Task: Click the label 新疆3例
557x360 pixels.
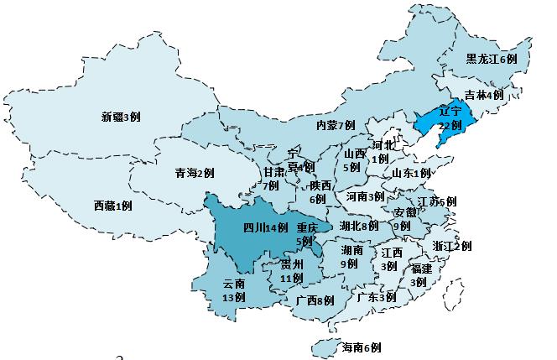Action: coord(121,117)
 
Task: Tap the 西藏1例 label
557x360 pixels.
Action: coord(113,206)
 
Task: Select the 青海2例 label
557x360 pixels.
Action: coord(194,173)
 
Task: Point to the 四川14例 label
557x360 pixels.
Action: coord(265,227)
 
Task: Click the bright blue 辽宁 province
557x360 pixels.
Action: coord(436,126)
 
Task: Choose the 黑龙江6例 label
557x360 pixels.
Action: coord(496,59)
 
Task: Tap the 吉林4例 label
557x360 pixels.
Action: coord(484,95)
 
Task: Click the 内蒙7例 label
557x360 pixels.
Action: coord(336,125)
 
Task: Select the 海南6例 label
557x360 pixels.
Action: coord(362,347)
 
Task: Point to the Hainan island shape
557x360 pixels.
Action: coord(324,346)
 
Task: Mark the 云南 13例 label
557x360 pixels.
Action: coord(234,290)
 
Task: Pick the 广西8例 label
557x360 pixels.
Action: coord(315,300)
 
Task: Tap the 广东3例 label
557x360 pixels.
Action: coord(376,297)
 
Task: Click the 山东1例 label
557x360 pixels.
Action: coord(410,173)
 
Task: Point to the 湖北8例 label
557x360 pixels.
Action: coord(359,226)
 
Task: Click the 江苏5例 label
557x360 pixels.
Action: coord(436,201)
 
